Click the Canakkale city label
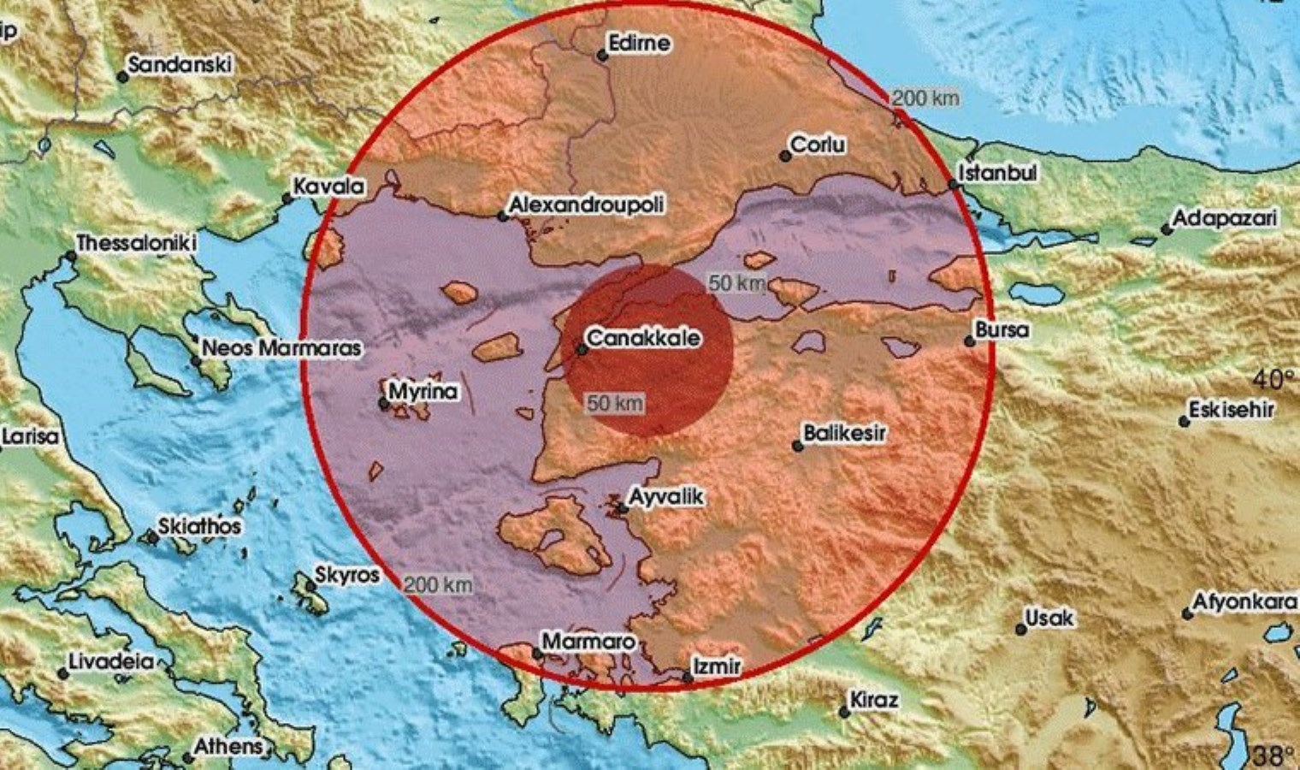(644, 338)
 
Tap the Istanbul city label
(997, 173)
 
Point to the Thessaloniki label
(136, 243)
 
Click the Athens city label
(227, 746)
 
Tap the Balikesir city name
(844, 434)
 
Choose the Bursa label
(1003, 329)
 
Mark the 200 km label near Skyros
(438, 585)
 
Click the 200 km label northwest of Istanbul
(925, 98)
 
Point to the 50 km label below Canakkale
(615, 403)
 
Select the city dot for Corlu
(784, 156)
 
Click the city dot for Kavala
(287, 198)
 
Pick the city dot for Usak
(1021, 629)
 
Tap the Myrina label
(422, 392)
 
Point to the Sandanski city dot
(123, 77)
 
